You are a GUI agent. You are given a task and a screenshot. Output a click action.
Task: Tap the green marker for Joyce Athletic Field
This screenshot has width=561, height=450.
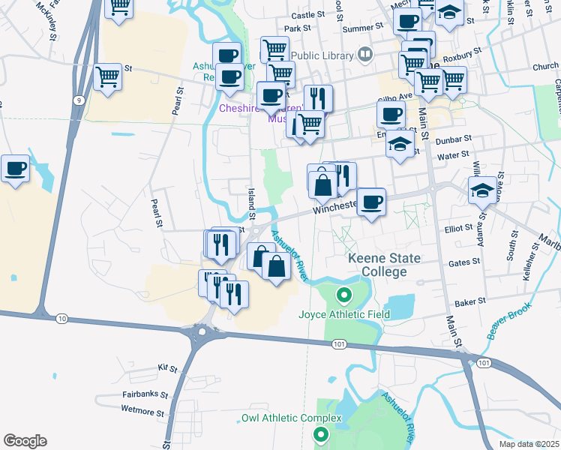(x=344, y=295)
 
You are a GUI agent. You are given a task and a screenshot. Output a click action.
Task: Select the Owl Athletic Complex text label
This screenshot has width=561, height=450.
(x=291, y=418)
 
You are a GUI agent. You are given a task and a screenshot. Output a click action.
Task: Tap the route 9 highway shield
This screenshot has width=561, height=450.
(x=78, y=100)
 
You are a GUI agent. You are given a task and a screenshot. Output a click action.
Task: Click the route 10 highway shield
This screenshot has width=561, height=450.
(x=61, y=319)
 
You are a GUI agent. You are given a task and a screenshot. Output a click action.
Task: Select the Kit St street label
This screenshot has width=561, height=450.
(x=167, y=369)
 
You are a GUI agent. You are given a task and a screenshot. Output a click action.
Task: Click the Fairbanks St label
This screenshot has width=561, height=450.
(x=145, y=394)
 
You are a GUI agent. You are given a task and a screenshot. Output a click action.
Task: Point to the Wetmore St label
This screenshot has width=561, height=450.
(x=142, y=412)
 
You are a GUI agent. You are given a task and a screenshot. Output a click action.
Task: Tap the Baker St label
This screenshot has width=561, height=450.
(x=470, y=302)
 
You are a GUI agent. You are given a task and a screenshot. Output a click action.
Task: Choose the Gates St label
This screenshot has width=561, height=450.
(x=463, y=262)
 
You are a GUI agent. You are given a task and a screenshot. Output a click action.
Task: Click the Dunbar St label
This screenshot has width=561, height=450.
(x=455, y=139)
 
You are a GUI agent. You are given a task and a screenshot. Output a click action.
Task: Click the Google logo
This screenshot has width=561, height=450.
(x=25, y=441)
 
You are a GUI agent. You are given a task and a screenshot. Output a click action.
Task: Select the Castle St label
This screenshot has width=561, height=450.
(x=310, y=14)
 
